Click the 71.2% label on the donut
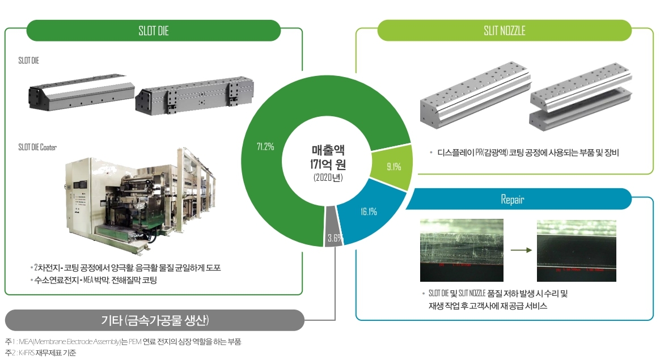point(265,147)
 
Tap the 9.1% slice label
point(394,167)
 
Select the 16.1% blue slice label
point(369,211)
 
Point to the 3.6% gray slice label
point(334,238)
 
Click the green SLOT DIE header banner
point(154,31)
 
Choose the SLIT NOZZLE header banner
point(504,31)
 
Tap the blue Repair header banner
point(512,200)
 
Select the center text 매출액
point(327,151)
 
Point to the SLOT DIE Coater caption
point(37,147)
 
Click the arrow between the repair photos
point(520,249)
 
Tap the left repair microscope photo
point(462,250)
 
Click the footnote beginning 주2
point(40,353)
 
